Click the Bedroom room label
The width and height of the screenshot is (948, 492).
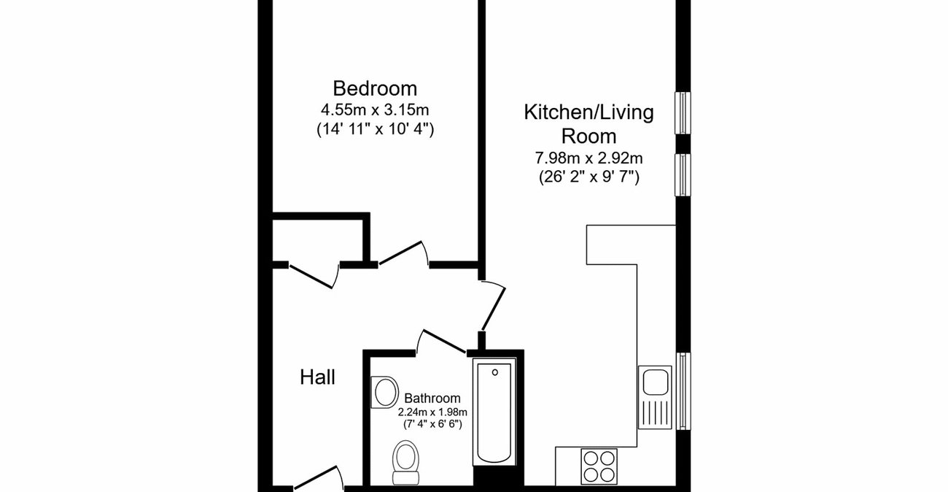click(375, 89)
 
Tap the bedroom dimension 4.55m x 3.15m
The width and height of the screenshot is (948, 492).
click(375, 110)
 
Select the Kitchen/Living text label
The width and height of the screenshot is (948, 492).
click(588, 112)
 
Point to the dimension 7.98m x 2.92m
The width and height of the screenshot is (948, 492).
click(588, 157)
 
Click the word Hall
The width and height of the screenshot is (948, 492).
click(318, 378)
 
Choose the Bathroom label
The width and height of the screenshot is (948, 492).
click(432, 399)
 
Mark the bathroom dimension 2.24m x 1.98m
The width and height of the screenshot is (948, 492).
click(432, 412)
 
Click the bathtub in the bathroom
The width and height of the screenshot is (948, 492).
click(495, 412)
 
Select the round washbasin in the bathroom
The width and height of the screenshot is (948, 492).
click(384, 392)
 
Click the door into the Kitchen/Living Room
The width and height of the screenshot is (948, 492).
click(492, 307)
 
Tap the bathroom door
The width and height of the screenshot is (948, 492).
click(442, 341)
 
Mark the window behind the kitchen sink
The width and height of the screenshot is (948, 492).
click(683, 393)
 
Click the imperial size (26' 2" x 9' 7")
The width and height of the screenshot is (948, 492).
click(588, 176)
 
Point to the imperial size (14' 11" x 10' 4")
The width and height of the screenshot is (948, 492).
click(375, 130)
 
